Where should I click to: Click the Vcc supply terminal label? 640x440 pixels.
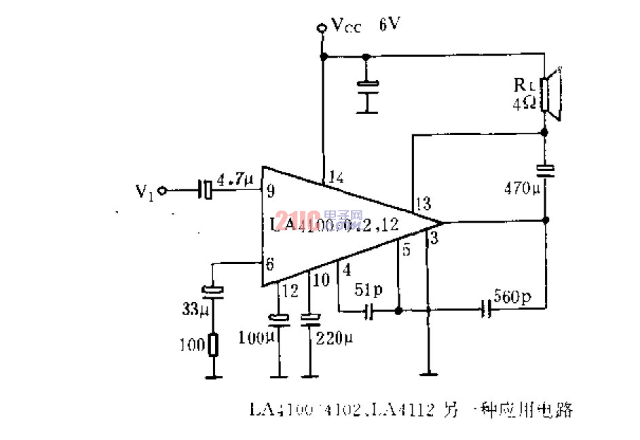pyautogui.click(x=346, y=26)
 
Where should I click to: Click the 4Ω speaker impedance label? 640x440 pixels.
pyautogui.click(x=525, y=104)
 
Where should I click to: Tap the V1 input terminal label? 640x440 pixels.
pyautogui.click(x=145, y=191)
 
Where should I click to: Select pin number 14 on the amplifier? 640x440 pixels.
pyautogui.click(x=336, y=178)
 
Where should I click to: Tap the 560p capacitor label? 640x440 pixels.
pyautogui.click(x=513, y=297)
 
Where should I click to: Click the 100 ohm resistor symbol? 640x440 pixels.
pyautogui.click(x=214, y=346)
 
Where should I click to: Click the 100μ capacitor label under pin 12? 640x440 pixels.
pyautogui.click(x=257, y=336)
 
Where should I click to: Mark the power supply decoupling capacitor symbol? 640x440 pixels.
pyautogui.click(x=369, y=86)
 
